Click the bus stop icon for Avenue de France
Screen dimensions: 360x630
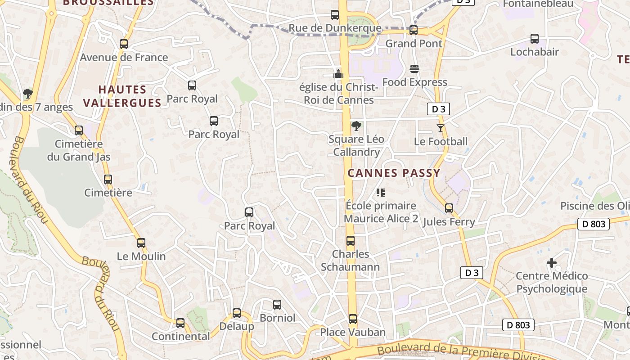point(124,44)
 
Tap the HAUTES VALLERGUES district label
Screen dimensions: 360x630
point(122,96)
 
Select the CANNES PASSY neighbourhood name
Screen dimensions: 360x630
point(394,173)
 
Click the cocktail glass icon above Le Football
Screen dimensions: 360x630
point(441,128)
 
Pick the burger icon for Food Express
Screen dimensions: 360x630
point(414,69)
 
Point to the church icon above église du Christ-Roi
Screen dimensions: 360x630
point(338,73)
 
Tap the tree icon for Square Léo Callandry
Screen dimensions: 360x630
point(356,126)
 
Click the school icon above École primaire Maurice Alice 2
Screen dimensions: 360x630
point(381,193)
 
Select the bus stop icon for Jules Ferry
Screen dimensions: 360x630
point(449,208)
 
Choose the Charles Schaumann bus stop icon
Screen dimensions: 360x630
point(351,241)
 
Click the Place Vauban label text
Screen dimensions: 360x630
point(353,333)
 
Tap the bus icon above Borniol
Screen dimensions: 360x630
point(277,305)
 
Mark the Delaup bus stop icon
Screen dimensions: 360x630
point(237,313)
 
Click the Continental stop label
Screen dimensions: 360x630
point(181,336)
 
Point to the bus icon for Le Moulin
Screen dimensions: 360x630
point(141,243)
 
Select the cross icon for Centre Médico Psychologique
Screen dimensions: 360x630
point(552,263)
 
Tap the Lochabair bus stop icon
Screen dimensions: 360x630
point(535,39)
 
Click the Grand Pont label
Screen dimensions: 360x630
point(414,44)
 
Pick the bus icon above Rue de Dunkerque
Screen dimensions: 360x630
point(335,15)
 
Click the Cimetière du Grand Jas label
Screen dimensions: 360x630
point(79,151)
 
